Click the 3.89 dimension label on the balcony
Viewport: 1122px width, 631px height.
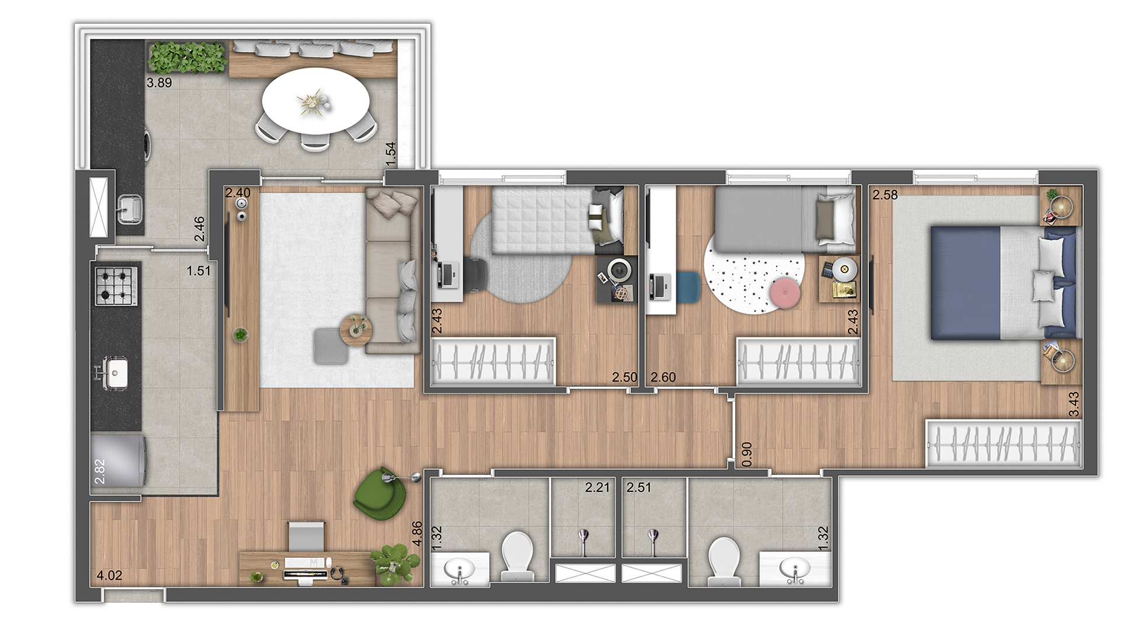[x=159, y=83]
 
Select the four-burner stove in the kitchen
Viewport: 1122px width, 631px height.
[x=117, y=285]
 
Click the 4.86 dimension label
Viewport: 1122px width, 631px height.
[x=417, y=533]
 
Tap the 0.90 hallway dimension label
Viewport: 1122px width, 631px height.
[x=746, y=455]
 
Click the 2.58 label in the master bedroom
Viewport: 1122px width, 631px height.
[x=885, y=195]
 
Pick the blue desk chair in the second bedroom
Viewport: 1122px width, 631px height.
[x=688, y=288]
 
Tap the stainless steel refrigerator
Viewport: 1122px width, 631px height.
[x=119, y=460]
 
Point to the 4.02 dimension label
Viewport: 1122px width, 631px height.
[x=109, y=575]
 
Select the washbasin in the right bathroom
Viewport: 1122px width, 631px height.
[x=795, y=569]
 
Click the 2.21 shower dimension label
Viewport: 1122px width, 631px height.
[x=597, y=487]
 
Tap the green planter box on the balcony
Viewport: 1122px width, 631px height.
[x=187, y=57]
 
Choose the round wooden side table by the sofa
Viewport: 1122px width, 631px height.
[x=356, y=331]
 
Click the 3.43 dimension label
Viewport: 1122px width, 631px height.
[x=1073, y=404]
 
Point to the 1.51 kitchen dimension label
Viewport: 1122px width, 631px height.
[x=199, y=271]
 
